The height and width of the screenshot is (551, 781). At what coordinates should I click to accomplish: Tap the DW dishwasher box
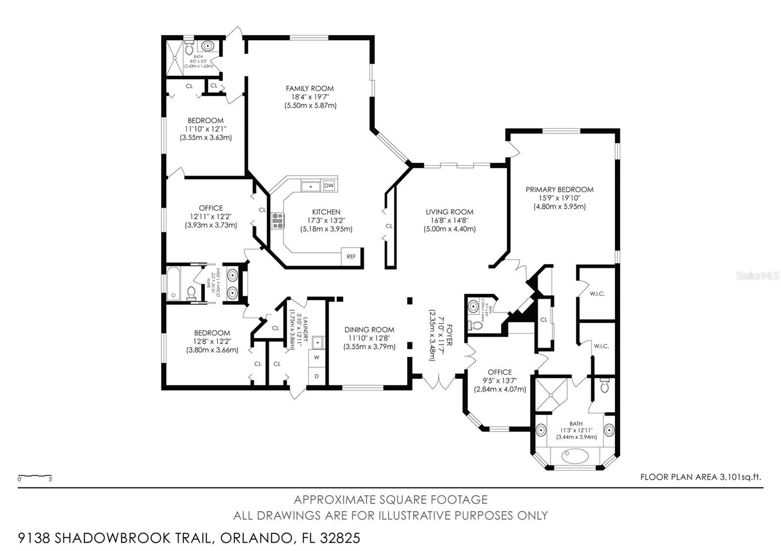click(x=329, y=185)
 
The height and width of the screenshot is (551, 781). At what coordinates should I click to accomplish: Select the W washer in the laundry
click(x=316, y=357)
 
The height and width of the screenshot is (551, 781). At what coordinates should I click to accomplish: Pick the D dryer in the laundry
click(x=316, y=376)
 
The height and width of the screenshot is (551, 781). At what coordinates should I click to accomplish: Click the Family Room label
click(x=309, y=88)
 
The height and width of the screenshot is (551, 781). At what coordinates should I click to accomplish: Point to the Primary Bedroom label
click(x=559, y=190)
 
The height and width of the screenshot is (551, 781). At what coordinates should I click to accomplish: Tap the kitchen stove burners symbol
click(x=278, y=221)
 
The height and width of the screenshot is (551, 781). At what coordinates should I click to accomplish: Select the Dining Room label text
click(x=369, y=330)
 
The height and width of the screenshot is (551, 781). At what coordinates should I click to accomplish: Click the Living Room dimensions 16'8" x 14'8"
click(x=449, y=220)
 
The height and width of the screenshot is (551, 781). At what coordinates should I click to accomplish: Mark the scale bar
click(x=35, y=475)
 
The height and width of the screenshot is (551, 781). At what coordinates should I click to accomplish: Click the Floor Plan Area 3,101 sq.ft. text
click(x=700, y=477)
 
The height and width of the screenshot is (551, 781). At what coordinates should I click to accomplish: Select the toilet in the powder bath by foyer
click(x=475, y=325)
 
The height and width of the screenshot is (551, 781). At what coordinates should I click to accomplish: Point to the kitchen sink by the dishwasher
click(x=310, y=186)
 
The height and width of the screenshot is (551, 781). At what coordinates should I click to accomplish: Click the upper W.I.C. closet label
click(x=597, y=294)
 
